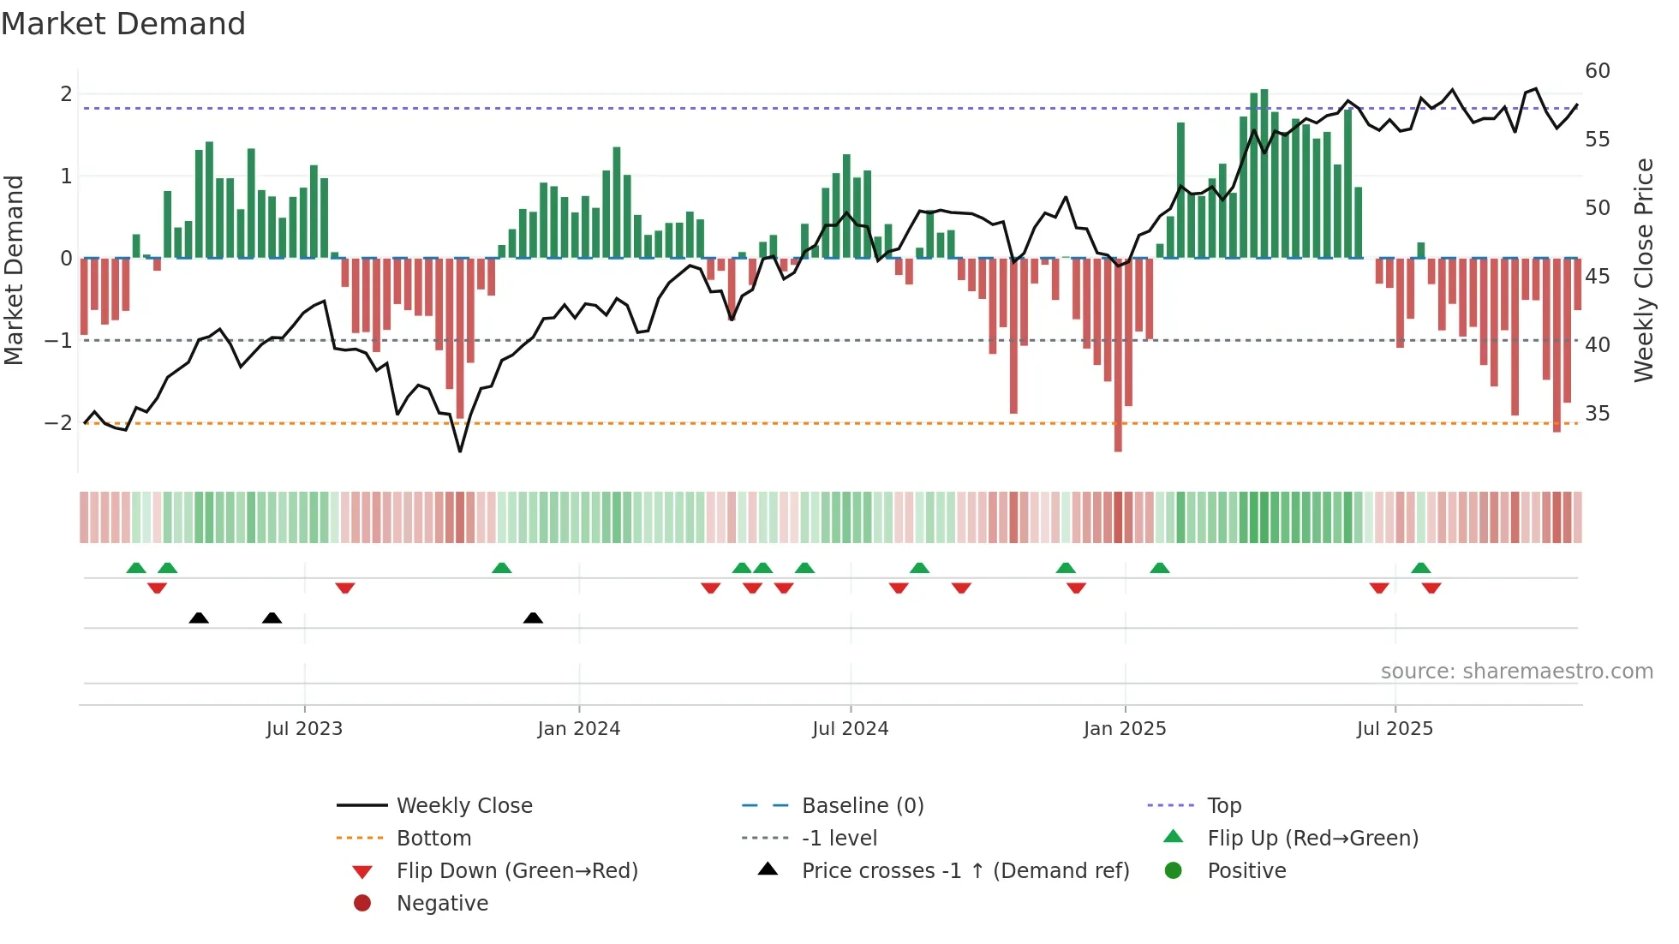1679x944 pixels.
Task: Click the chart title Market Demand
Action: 123,24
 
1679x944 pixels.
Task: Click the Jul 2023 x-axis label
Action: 304,729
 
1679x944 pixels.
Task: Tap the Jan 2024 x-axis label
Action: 578,729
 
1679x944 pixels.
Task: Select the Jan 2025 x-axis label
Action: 1124,729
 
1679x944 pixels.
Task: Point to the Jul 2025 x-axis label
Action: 1395,729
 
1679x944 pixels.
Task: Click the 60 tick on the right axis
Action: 1597,71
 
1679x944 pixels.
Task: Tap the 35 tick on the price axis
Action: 1597,414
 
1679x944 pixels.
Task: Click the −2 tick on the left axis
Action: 58,423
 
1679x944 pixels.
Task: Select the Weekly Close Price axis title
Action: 1643,270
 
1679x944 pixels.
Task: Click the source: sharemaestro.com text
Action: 1516,672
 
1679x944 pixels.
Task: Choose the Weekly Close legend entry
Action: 463,806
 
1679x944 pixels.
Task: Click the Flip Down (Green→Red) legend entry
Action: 517,871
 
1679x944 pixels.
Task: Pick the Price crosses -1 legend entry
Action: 965,871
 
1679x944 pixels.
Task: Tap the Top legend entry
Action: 1223,806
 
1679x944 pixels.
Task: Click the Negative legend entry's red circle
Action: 362,904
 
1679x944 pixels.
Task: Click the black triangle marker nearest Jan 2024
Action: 533,618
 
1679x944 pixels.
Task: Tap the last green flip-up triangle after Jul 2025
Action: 1420,568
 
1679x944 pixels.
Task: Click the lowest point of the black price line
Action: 460,451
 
